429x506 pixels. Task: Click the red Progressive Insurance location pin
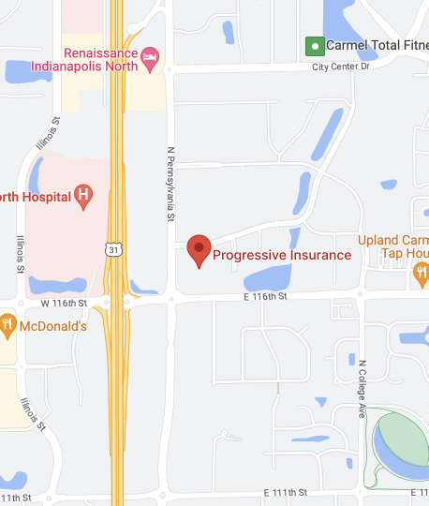[x=199, y=250]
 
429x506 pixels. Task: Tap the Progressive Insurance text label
[x=282, y=254]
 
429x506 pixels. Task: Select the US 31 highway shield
[x=111, y=247]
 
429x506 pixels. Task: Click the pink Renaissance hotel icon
[x=149, y=61]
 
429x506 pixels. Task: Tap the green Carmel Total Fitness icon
[x=315, y=45]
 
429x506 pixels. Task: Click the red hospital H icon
[x=84, y=195]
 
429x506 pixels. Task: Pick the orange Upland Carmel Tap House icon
[x=421, y=273]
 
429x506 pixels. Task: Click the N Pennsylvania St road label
[x=171, y=183]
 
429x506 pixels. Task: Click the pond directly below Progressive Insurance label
[x=270, y=277]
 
